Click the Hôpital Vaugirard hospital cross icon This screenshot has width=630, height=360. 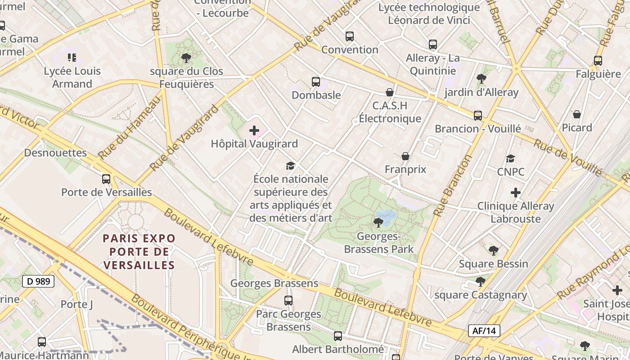click(x=254, y=131)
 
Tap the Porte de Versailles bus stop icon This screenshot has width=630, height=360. click(x=106, y=179)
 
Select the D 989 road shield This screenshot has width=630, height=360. click(x=38, y=282)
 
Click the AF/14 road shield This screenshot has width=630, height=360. click(x=484, y=331)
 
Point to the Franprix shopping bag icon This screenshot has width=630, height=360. click(x=405, y=156)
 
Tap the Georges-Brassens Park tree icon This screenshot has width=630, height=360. click(x=378, y=222)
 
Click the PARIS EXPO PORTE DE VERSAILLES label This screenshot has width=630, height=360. click(x=139, y=252)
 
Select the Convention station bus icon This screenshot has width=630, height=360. click(x=350, y=36)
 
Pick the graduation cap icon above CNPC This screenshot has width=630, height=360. click(x=510, y=158)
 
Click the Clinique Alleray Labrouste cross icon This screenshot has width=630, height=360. click(x=516, y=193)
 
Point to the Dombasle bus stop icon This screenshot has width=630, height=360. click(x=316, y=82)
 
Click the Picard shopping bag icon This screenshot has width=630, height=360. click(x=577, y=114)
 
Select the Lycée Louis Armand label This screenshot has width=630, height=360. click(x=72, y=77)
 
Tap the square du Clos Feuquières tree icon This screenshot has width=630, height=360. click(x=186, y=58)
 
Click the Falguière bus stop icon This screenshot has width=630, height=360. click(x=598, y=61)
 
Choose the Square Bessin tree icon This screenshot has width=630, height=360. click(x=494, y=251)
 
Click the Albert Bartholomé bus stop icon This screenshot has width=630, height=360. click(x=338, y=336)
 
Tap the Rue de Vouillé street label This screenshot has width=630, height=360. click(x=568, y=157)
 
